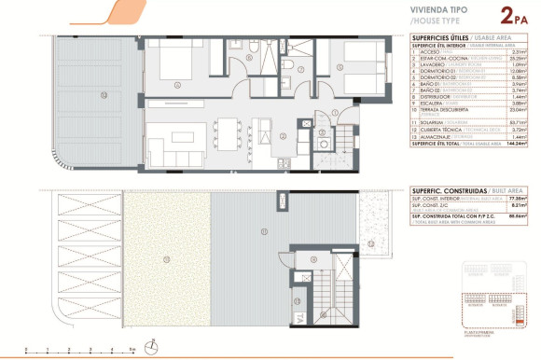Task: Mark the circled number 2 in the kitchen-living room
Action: pos(258,133)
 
